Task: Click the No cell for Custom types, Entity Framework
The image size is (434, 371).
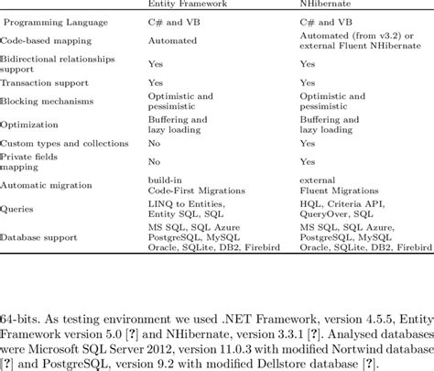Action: pos(154,144)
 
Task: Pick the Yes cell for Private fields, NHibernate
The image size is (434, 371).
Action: pos(308,162)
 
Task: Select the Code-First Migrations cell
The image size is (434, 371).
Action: pos(194,191)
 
